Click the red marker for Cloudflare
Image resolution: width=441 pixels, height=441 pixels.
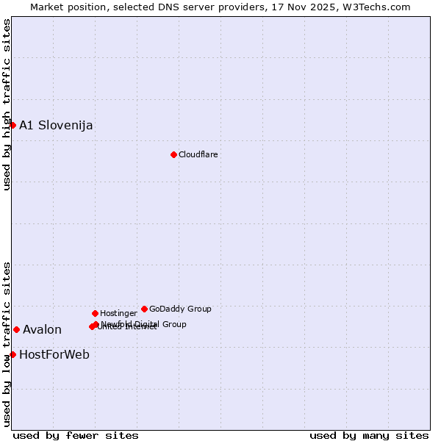point(173,154)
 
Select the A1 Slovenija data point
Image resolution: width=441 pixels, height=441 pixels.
point(12,125)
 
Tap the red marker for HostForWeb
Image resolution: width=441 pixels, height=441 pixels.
point(12,354)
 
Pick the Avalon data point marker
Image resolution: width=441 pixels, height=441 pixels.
point(16,329)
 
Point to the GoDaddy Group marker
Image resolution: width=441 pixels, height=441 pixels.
point(144,309)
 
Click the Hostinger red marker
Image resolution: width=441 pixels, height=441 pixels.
point(95,313)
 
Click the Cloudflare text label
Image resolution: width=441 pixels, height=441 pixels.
point(198,154)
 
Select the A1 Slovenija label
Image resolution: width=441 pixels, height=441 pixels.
point(56,125)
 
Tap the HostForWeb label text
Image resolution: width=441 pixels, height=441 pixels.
point(54,354)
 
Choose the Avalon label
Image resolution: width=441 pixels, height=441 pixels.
point(42,329)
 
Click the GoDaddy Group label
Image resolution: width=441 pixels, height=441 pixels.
point(180,309)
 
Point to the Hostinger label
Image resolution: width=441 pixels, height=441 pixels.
point(118,313)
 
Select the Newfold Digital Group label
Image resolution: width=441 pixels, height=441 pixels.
point(144,323)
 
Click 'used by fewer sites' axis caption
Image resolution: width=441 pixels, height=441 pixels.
point(76,435)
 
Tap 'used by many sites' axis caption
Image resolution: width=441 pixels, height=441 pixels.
point(369,435)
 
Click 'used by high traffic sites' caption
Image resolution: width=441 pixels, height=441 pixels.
point(7,104)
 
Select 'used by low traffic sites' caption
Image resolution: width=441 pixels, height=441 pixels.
point(7,344)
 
